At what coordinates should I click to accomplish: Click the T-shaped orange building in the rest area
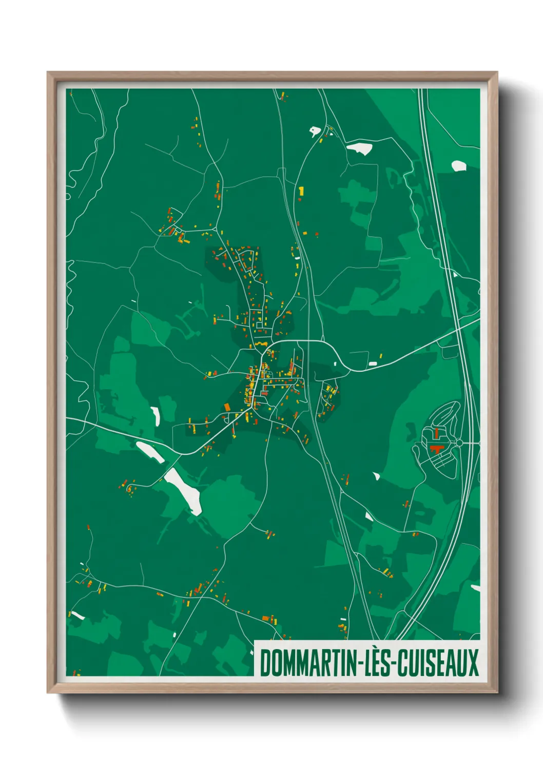(436, 450)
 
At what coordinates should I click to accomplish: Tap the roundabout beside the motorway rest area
(459, 443)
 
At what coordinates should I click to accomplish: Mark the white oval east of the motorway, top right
(458, 165)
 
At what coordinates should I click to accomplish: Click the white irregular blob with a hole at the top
(315, 131)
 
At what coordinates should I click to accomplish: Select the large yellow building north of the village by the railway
(301, 191)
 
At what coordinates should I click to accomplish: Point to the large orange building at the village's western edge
(227, 407)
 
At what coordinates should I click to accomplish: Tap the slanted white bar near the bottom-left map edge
(77, 615)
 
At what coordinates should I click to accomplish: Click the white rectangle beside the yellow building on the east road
(373, 364)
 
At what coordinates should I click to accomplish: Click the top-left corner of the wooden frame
(48, 72)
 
